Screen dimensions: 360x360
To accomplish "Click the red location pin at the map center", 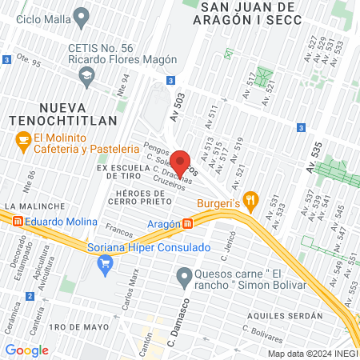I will coord(180,162).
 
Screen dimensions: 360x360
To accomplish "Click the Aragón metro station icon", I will coord(187,224).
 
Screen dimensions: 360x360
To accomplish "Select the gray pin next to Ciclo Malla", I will coord(81,16).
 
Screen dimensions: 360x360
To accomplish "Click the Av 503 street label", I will coord(177,105).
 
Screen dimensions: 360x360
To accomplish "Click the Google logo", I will coord(26,350).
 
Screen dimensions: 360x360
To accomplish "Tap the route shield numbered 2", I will coord(30,296).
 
